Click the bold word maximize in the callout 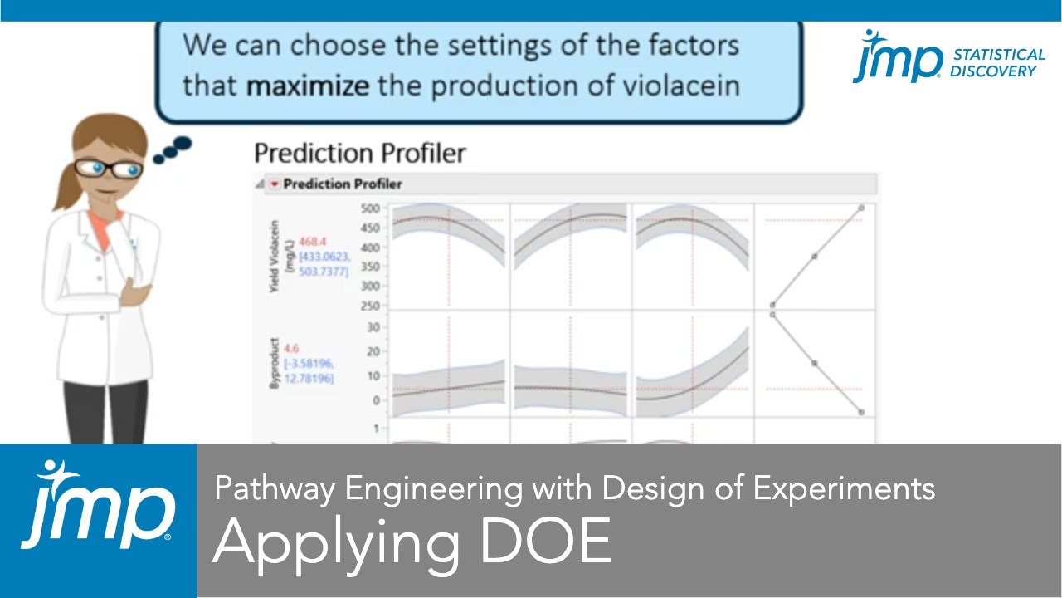(309, 86)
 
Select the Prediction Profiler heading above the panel (359, 153)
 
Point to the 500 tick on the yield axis (370, 208)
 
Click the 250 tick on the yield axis (370, 306)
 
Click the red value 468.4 (313, 242)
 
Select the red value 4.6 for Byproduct (291, 350)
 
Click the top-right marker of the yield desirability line (862, 208)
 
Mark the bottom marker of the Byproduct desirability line (862, 412)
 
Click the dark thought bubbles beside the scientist (173, 149)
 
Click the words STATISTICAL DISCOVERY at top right (998, 62)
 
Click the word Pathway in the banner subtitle (275, 488)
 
